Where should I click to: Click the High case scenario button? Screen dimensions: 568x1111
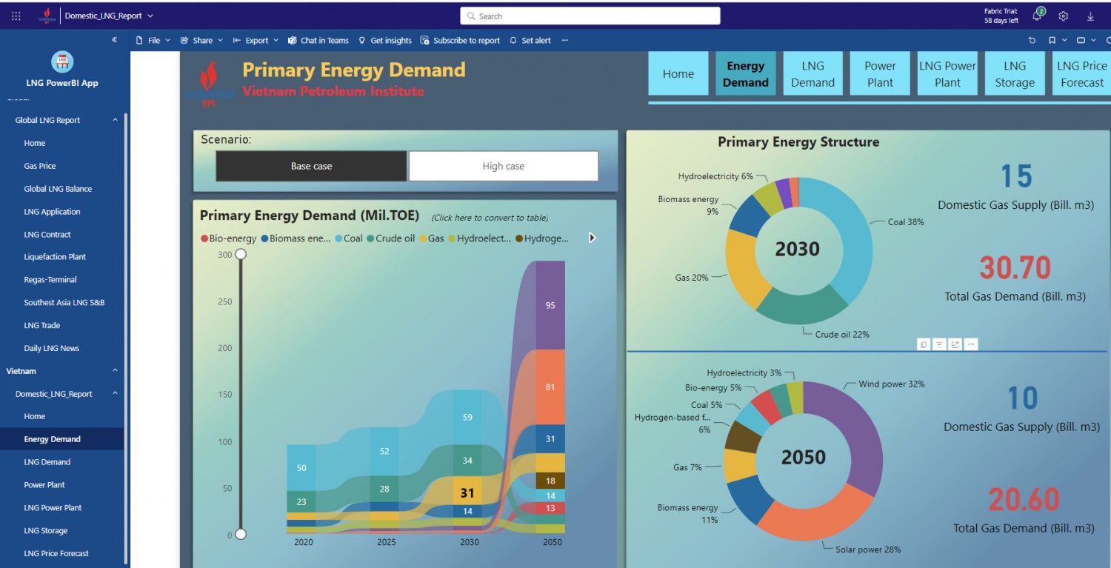[x=503, y=166]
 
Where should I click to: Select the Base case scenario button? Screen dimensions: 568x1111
[x=311, y=166]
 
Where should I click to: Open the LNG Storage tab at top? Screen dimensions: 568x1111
[x=1015, y=73]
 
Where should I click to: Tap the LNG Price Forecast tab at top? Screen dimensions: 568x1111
[x=1081, y=73]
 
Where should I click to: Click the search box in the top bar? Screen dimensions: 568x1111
[x=590, y=16]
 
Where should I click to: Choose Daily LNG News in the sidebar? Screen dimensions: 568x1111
[x=51, y=348]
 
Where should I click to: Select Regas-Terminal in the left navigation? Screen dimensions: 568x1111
[x=50, y=280]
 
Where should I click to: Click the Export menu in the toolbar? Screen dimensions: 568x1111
[x=256, y=41]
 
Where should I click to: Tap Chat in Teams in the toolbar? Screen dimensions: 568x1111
[x=318, y=41]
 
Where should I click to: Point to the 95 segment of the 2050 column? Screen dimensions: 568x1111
[x=550, y=305]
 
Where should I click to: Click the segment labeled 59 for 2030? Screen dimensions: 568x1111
[x=467, y=417]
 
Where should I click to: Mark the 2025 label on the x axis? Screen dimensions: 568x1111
[x=386, y=542]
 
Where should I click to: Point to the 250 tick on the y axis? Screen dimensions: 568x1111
[x=224, y=301]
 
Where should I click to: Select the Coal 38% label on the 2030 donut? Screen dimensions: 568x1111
[x=905, y=222]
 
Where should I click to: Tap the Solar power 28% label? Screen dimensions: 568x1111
[x=868, y=549]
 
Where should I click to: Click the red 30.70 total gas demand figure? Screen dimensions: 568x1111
[x=1015, y=268]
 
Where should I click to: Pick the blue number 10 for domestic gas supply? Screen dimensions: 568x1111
[x=1022, y=399]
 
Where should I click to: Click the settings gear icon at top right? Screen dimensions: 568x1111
[x=1064, y=16]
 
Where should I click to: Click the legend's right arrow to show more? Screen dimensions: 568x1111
[x=592, y=238]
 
